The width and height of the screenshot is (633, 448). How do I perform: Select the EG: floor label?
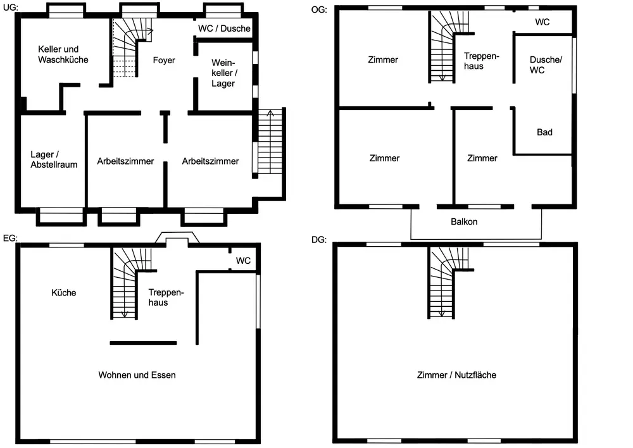click(x=11, y=239)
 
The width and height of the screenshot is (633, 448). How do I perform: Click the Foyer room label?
click(x=164, y=60)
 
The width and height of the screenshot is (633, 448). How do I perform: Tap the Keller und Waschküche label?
click(x=63, y=54)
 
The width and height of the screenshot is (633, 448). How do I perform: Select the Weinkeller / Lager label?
click(x=223, y=73)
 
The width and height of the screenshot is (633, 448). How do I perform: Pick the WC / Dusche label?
click(x=224, y=28)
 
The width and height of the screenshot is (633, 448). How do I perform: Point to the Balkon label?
click(x=464, y=221)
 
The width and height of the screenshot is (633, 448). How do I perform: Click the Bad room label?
click(x=544, y=132)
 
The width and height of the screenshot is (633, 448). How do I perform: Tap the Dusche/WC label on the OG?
click(x=546, y=65)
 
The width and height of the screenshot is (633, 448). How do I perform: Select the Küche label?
click(x=63, y=292)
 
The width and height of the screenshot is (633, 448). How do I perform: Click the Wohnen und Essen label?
click(x=137, y=375)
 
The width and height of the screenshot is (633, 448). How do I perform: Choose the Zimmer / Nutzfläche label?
click(x=456, y=375)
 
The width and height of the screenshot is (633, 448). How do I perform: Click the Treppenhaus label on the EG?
click(x=166, y=297)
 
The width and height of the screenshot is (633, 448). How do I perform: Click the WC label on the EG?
click(x=243, y=261)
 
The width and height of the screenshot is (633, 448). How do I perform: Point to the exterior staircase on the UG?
click(x=270, y=142)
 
